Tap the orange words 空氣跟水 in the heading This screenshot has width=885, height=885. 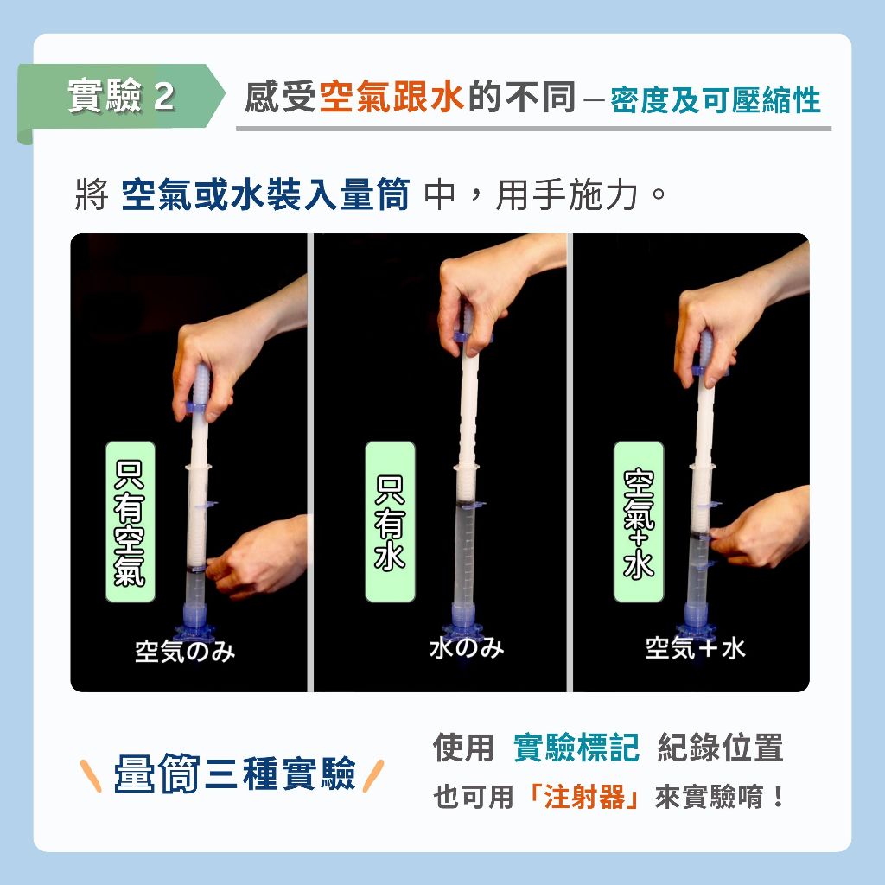[392, 97]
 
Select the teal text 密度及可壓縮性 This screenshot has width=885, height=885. [716, 100]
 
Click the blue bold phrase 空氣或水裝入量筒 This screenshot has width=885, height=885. [265, 194]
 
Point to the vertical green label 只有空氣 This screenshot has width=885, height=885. [130, 522]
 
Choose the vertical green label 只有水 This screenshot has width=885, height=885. [390, 522]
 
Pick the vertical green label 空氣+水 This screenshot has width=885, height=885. [639, 522]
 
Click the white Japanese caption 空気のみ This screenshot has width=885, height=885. [185, 652]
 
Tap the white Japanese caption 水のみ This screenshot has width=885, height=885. [466, 647]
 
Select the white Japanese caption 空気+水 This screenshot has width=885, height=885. [695, 648]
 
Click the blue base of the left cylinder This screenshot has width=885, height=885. [194, 625]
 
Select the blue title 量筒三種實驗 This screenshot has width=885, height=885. [235, 773]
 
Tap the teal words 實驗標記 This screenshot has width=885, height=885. [576, 748]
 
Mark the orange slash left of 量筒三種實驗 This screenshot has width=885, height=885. [91, 775]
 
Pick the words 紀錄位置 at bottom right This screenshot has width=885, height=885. [721, 748]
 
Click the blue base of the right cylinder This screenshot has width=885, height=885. [698, 624]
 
